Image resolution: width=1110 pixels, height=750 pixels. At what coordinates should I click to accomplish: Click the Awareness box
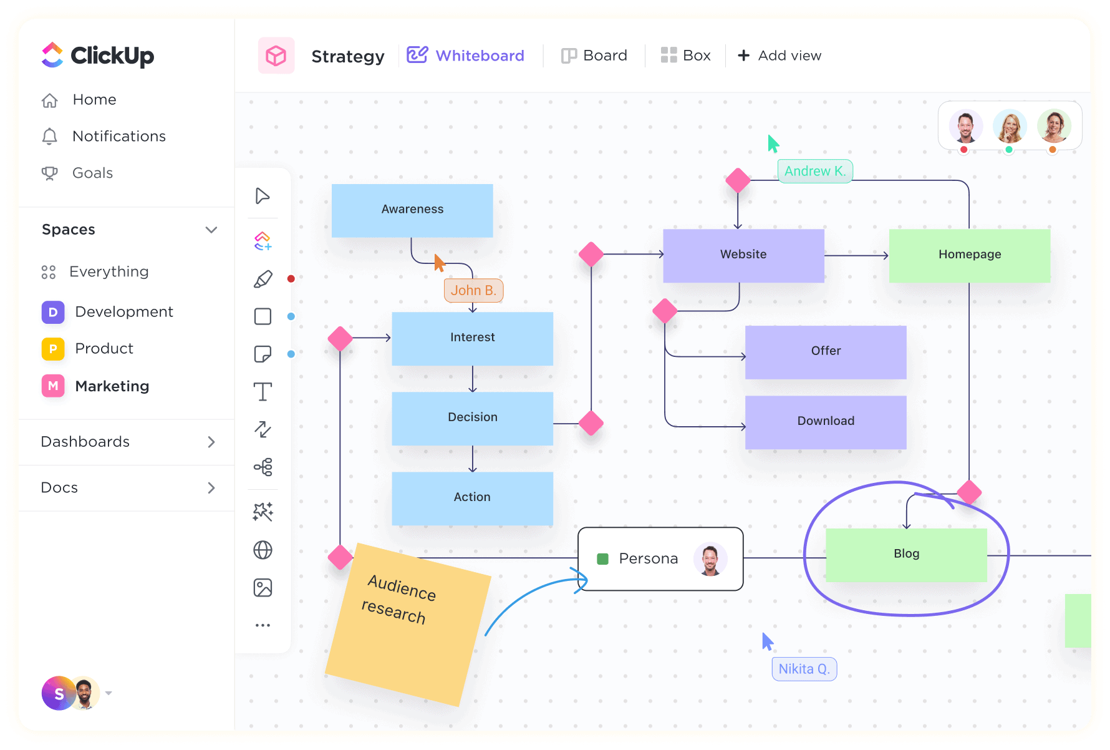(x=412, y=210)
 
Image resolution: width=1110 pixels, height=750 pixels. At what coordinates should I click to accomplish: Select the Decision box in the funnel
(x=472, y=417)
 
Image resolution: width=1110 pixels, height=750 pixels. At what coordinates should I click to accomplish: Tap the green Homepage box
(x=969, y=255)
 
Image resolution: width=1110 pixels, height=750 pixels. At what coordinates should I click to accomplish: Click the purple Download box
(x=825, y=421)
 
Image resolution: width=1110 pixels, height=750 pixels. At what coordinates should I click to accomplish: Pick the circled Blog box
(x=905, y=554)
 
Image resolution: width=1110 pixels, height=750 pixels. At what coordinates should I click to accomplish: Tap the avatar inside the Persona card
(x=710, y=559)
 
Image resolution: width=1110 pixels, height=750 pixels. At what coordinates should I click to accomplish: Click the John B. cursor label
(x=473, y=291)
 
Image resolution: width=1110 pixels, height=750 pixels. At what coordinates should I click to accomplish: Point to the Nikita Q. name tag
(x=804, y=670)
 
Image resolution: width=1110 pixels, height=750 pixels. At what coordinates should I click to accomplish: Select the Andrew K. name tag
(x=814, y=172)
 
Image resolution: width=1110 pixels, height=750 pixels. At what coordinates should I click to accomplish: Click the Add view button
(x=779, y=56)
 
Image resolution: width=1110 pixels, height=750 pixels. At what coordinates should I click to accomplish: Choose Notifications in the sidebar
(x=118, y=137)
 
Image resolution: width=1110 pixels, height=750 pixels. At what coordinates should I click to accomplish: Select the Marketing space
(x=112, y=386)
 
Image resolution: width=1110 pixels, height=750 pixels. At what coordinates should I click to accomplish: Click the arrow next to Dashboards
(x=211, y=442)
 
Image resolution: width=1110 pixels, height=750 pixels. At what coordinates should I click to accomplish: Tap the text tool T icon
(x=263, y=392)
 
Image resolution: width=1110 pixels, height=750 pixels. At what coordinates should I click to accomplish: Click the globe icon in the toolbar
(x=263, y=550)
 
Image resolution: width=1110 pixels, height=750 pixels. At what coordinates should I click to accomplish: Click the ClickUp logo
(x=98, y=56)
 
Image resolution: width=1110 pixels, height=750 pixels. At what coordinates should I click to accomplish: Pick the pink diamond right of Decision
(x=591, y=424)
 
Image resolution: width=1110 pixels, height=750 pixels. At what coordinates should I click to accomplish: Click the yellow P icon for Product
(x=53, y=349)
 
